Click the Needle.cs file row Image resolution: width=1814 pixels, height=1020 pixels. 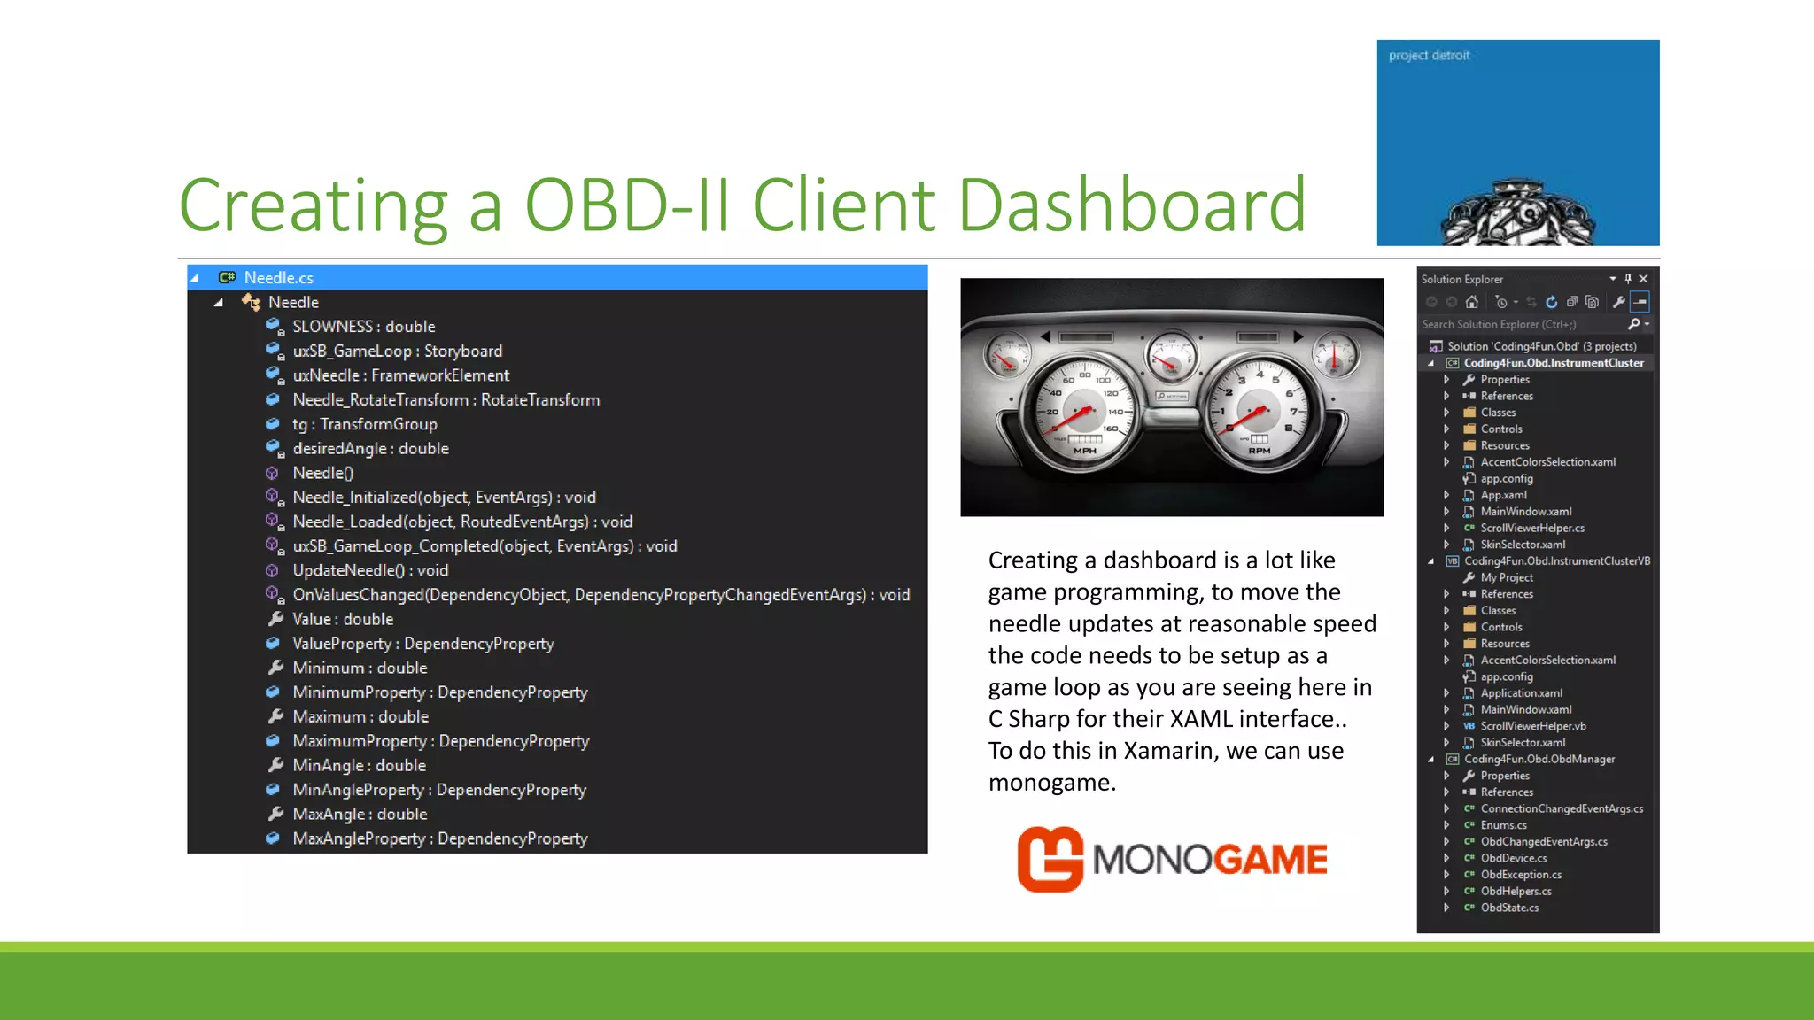pos(278,278)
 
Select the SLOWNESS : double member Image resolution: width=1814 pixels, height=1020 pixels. pos(363,327)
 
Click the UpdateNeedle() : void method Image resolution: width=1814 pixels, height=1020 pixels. pos(370,570)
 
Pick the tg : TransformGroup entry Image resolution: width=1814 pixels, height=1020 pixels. pos(364,424)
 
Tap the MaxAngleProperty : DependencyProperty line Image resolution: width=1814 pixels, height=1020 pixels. pos(439,838)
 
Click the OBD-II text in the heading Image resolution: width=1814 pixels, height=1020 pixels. pos(626,205)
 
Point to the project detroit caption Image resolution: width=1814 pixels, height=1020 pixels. pos(1429,56)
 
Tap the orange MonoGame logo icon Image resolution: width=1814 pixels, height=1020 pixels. pos(1050,859)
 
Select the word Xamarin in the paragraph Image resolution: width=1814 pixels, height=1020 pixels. pos(1172,751)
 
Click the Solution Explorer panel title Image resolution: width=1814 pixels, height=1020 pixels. pos(1461,279)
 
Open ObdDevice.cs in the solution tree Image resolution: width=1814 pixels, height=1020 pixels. pos(1513,858)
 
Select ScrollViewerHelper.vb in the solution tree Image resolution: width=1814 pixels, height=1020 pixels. pos(1532,726)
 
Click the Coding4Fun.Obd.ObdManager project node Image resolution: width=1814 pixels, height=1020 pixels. pos(1539,759)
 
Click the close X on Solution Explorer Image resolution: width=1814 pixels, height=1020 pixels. pos(1643,279)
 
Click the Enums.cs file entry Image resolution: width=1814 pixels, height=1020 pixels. pos(1503,825)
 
